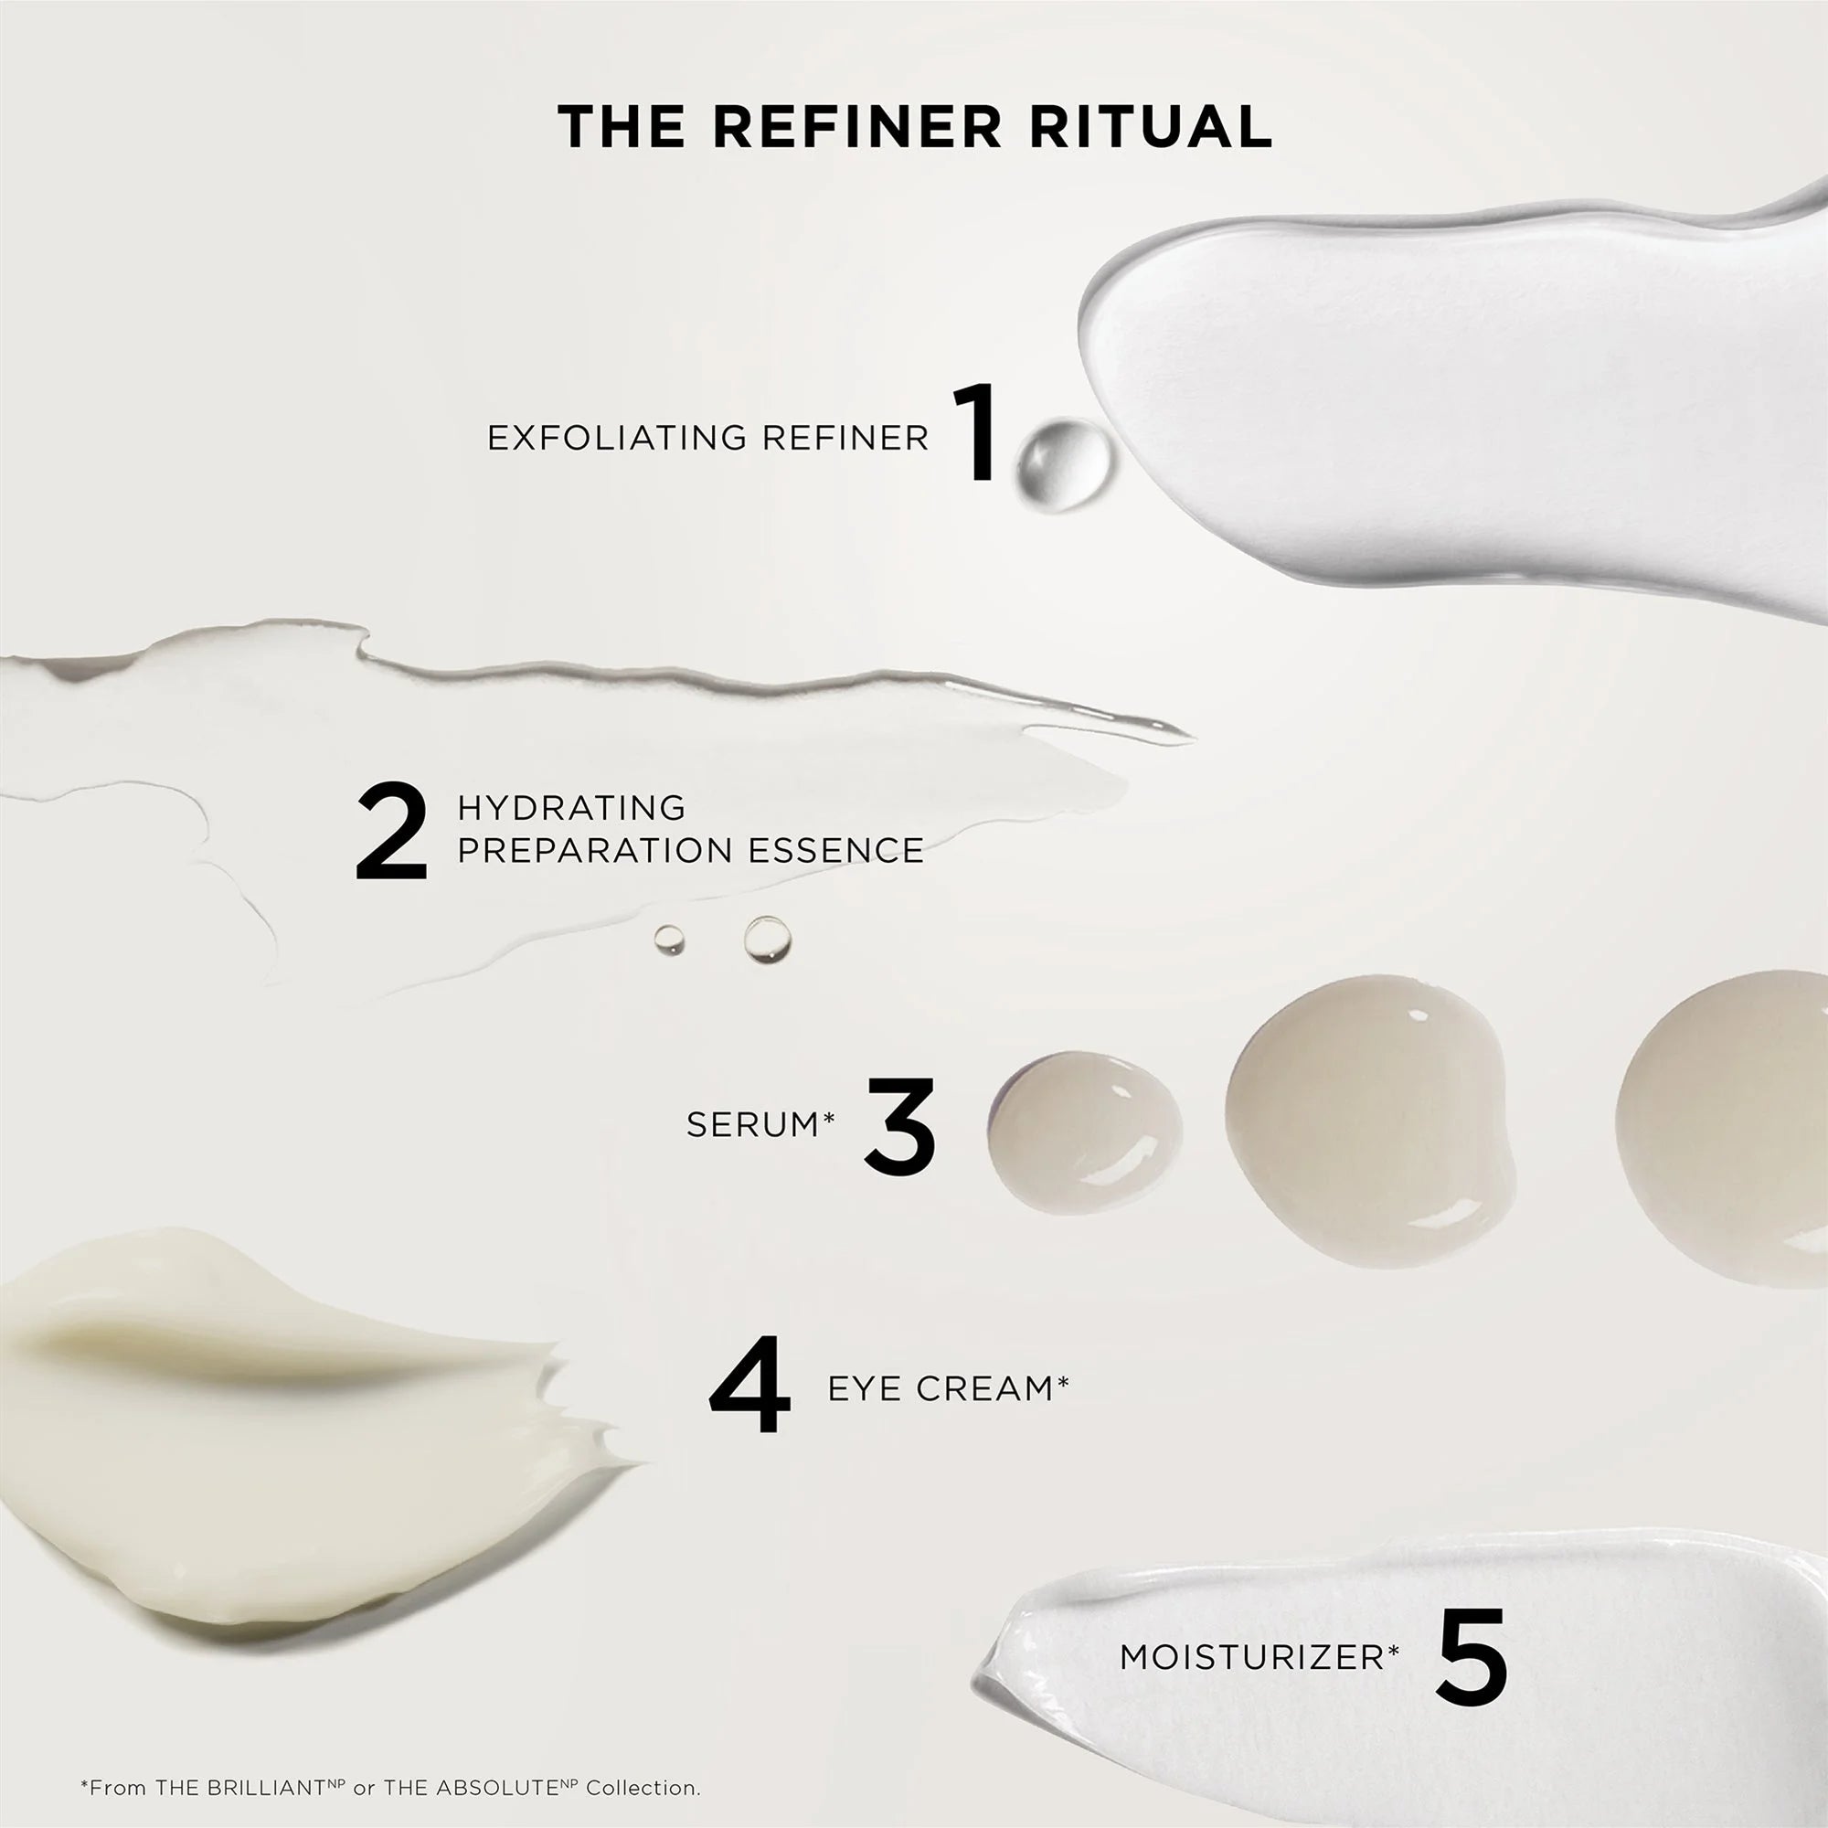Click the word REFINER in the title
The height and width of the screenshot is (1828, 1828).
click(x=856, y=127)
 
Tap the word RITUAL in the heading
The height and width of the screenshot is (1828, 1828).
click(x=1151, y=127)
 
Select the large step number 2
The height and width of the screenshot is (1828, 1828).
click(x=392, y=832)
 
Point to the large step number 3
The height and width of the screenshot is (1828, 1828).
click(x=899, y=1126)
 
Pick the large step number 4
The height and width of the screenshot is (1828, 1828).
click(x=749, y=1386)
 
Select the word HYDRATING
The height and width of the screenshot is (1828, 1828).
click(x=571, y=807)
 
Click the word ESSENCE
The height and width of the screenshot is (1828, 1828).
click(x=835, y=851)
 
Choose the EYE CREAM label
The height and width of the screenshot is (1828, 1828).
click(x=948, y=1387)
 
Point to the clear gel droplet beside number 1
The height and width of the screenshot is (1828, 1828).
click(x=1064, y=462)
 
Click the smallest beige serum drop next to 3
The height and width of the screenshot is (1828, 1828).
click(x=1084, y=1132)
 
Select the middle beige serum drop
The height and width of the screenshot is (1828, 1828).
click(x=1370, y=1107)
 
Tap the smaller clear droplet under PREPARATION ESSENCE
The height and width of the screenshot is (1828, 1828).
click(x=669, y=939)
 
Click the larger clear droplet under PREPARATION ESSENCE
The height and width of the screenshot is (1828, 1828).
click(x=768, y=940)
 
